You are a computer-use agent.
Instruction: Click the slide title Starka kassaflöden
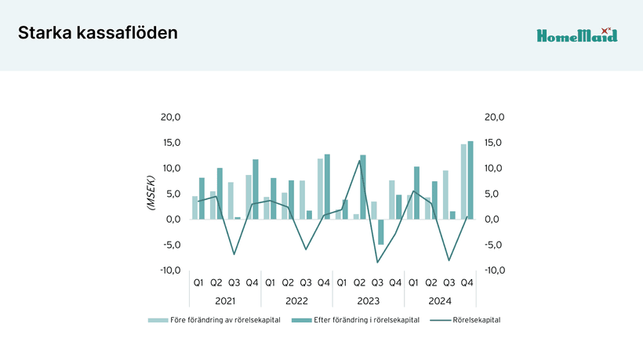tap(98, 33)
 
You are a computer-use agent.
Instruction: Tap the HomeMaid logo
tap(576, 35)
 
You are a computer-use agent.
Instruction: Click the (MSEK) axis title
tap(150, 193)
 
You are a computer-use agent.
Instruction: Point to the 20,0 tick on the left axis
tap(170, 118)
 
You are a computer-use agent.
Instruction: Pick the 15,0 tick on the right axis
tap(494, 143)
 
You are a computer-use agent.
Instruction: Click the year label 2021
tap(225, 300)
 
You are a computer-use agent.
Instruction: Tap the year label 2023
tap(369, 300)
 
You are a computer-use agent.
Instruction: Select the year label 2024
tap(440, 300)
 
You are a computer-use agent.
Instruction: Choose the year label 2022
tap(296, 300)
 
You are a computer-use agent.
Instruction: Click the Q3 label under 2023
tap(377, 282)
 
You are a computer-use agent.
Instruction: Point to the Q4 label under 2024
tap(467, 282)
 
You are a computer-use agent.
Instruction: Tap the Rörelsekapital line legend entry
tap(476, 320)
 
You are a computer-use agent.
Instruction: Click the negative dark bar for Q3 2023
tap(381, 231)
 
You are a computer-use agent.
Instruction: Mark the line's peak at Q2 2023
tap(360, 161)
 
